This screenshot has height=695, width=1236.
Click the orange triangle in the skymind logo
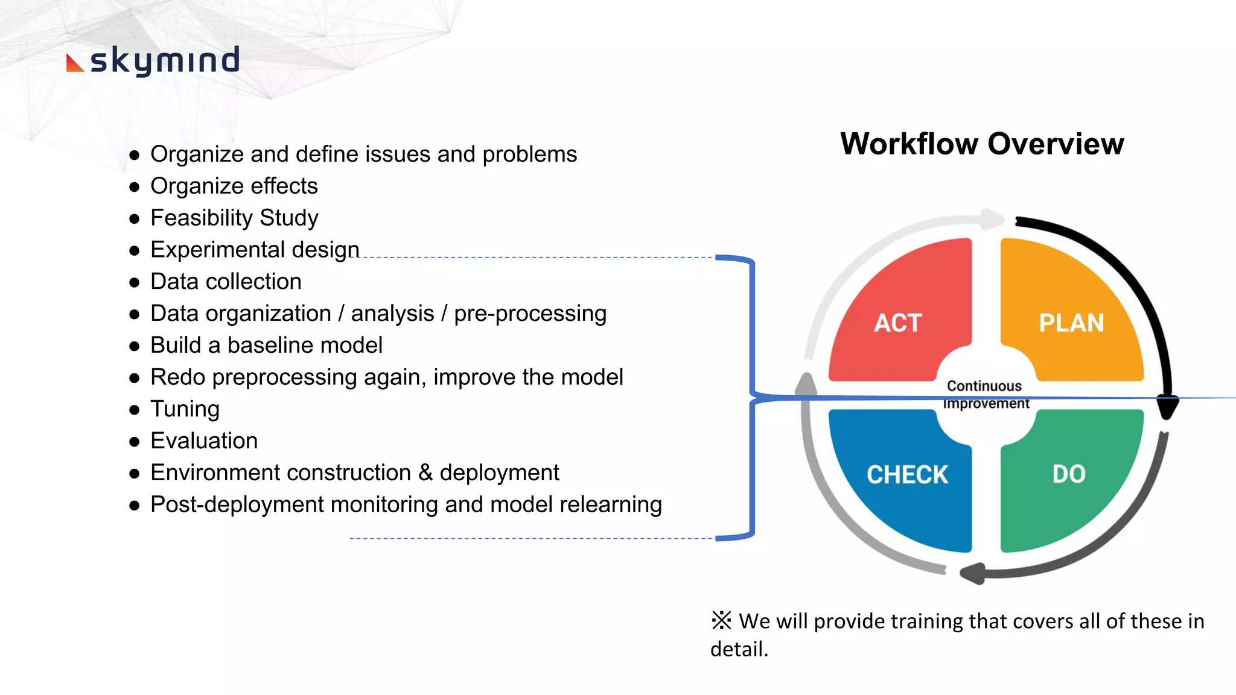pyautogui.click(x=74, y=63)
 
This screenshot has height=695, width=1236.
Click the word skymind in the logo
pyautogui.click(x=165, y=61)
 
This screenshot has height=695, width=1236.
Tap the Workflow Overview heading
pyautogui.click(x=982, y=144)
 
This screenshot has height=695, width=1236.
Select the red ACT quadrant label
pyautogui.click(x=898, y=323)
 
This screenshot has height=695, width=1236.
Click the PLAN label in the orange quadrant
pyautogui.click(x=1071, y=323)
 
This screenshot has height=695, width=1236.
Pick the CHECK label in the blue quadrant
pyautogui.click(x=907, y=475)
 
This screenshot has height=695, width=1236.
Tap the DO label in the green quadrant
pyautogui.click(x=1069, y=474)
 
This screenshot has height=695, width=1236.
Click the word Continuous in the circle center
pyautogui.click(x=984, y=386)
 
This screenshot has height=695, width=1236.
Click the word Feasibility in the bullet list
pyautogui.click(x=202, y=218)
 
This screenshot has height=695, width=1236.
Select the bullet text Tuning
pyautogui.click(x=185, y=409)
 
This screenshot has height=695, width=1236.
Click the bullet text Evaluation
pyautogui.click(x=204, y=441)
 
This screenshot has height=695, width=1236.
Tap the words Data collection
pyautogui.click(x=226, y=282)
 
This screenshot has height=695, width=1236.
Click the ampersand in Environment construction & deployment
pyautogui.click(x=425, y=473)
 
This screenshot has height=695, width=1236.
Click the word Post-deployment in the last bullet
pyautogui.click(x=237, y=505)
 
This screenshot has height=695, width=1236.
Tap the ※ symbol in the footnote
pyautogui.click(x=721, y=620)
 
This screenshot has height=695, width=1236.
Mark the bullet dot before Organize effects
pyautogui.click(x=135, y=187)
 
